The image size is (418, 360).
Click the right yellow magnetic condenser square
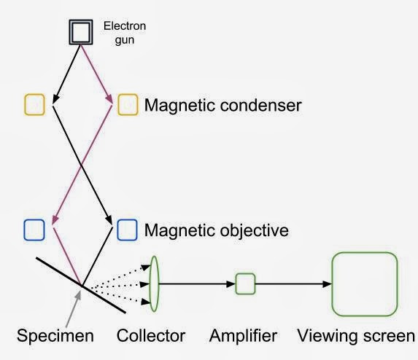pos(128,104)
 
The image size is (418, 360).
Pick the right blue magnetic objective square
pos(127,230)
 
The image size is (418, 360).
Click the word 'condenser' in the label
pos(259,105)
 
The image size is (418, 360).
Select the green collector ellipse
pos(154,283)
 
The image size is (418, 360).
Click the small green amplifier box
pos(245,283)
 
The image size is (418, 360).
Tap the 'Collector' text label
pos(151,336)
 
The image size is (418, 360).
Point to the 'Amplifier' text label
pos(243,336)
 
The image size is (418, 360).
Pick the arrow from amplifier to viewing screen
pos(292,283)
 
